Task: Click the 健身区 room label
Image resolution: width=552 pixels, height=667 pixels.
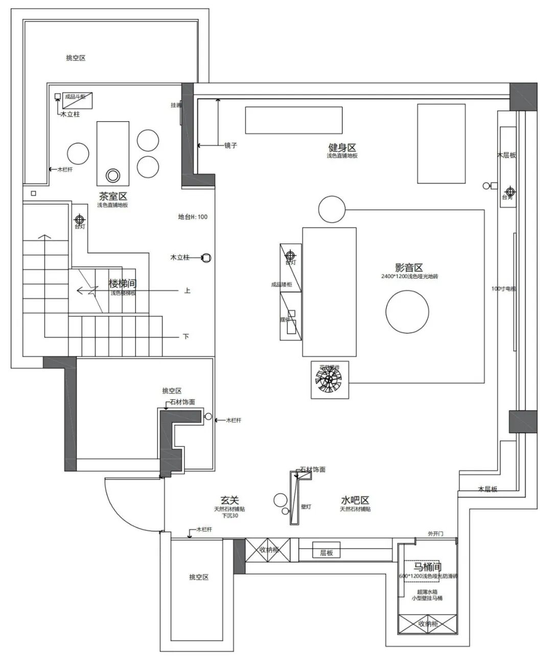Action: click(x=342, y=148)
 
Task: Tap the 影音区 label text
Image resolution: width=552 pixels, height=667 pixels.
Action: click(x=409, y=268)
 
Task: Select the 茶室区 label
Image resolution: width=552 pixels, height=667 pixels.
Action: click(x=113, y=196)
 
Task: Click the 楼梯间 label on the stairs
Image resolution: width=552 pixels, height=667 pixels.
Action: click(x=123, y=284)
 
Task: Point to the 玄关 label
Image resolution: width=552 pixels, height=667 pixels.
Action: click(x=229, y=500)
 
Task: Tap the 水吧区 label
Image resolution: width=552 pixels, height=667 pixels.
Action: click(x=355, y=500)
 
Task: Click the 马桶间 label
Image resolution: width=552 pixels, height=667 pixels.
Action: click(x=427, y=567)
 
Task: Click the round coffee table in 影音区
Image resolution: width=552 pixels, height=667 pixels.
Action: click(x=407, y=312)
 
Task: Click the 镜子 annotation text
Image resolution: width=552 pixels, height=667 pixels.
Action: click(x=231, y=146)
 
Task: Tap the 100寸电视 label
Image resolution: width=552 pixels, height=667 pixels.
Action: click(x=503, y=289)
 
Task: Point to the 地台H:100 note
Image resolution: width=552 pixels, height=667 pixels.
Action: click(x=193, y=217)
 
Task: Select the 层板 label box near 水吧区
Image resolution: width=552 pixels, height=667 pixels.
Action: click(x=327, y=553)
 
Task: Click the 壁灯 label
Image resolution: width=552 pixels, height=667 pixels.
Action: click(x=306, y=507)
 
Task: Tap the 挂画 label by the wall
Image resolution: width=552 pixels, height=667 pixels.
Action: click(x=175, y=105)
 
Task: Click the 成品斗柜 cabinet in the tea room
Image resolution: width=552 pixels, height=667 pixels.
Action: click(x=77, y=100)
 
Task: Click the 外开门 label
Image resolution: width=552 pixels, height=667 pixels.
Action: click(x=435, y=534)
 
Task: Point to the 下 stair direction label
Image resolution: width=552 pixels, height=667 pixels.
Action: click(x=186, y=336)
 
